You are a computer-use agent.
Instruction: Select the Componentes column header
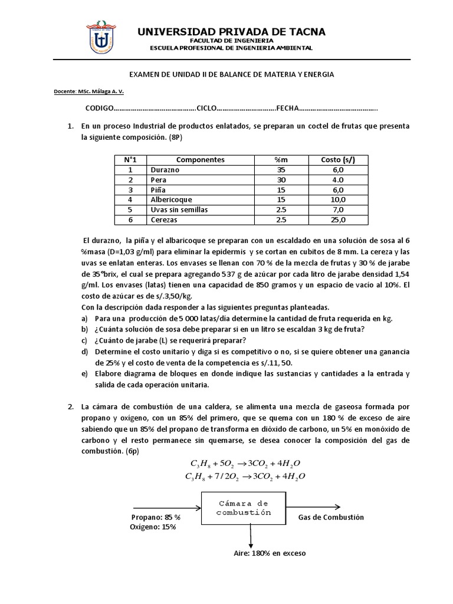click(x=201, y=159)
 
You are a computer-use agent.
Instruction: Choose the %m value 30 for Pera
click(x=280, y=179)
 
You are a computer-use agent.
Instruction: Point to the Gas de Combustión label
click(x=331, y=517)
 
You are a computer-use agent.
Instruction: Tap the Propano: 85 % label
click(x=155, y=517)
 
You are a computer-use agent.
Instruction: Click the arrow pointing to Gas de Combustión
click(x=314, y=506)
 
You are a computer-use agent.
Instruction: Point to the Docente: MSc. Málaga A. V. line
click(x=88, y=91)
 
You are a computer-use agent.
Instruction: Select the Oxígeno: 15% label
click(x=153, y=527)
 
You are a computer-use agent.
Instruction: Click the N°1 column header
click(x=130, y=159)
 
